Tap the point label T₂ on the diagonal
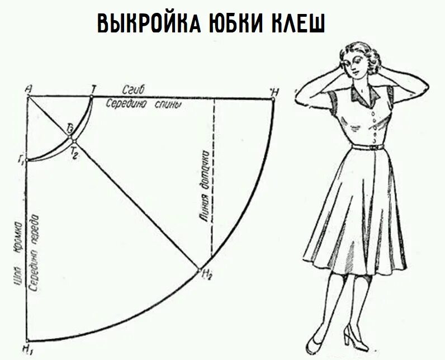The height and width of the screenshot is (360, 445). pyautogui.click(x=74, y=155)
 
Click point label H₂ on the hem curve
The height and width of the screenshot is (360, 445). pyautogui.click(x=207, y=274)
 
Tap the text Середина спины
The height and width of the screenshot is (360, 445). pyautogui.click(x=145, y=104)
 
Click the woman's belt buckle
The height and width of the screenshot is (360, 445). pyautogui.click(x=373, y=146)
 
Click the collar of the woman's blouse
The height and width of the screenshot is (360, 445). pyautogui.click(x=366, y=96)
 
